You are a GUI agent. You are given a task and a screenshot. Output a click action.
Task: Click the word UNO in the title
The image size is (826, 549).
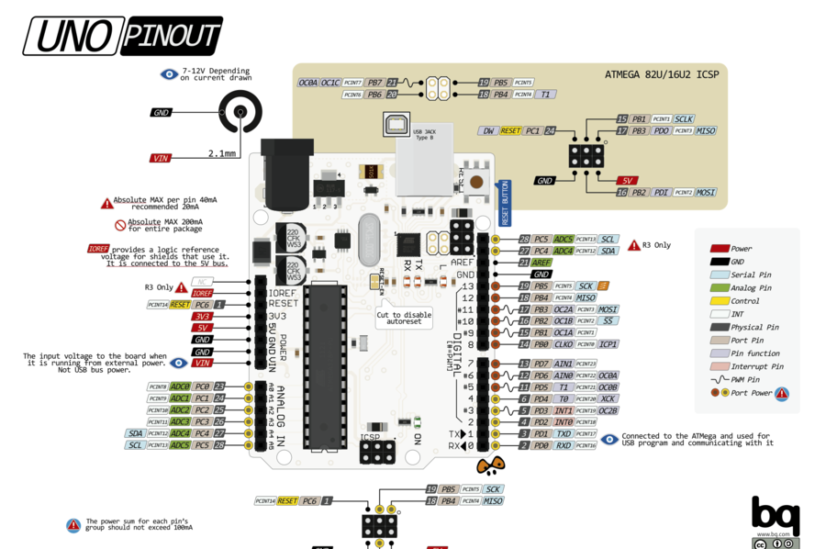72,37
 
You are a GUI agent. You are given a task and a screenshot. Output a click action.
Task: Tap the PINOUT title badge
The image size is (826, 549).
171,37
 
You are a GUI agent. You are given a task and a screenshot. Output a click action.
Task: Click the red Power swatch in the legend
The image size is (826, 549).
720,249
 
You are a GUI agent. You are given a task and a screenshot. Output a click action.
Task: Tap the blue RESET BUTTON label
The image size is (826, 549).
504,203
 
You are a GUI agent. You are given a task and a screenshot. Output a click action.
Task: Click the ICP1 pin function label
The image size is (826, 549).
608,344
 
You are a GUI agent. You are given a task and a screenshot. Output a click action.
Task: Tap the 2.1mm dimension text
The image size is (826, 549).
222,152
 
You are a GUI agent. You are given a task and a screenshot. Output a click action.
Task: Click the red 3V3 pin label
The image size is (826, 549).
202,316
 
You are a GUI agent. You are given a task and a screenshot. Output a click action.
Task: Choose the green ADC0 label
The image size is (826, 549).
180,387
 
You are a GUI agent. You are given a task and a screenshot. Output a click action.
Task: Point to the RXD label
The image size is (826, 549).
563,445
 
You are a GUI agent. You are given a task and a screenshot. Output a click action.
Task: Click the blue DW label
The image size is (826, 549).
488,131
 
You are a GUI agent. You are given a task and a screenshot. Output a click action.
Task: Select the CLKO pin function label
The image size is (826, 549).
563,344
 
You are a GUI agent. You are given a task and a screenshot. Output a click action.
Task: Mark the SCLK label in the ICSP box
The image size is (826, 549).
684,119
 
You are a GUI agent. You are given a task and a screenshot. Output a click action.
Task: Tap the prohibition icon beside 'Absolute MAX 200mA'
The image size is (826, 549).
120,225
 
